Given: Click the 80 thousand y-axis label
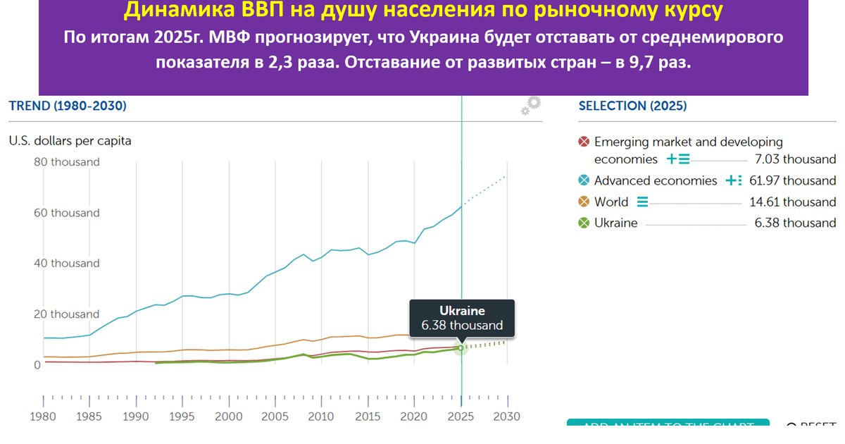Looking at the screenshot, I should pos(67,162).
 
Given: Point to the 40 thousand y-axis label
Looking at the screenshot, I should pos(67,264).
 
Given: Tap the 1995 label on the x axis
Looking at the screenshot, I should pos(182,417).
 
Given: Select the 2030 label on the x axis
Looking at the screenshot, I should pos(506,417).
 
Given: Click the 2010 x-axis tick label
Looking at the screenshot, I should pos(321,417).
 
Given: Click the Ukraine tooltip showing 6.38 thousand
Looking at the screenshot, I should pos(462,318).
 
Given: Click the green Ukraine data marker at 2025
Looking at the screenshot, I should pos(461,347).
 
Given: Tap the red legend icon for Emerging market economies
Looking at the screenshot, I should pos(583,142).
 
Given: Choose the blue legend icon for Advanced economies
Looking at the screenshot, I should pos(583,180).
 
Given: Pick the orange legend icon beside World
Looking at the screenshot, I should pos(583,202).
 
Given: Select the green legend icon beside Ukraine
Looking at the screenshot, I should pos(583,223).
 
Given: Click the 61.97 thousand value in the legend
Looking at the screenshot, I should pos(792,180).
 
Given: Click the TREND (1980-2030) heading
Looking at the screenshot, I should pos(68,106).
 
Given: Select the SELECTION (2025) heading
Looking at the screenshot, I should pos(632,106).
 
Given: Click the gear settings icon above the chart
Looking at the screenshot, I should pos(532,104).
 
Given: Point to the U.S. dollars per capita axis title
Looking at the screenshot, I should pos(70,141).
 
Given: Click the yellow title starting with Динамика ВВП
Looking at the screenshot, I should pos(423,11).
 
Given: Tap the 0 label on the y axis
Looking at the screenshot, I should pos(37,365).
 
